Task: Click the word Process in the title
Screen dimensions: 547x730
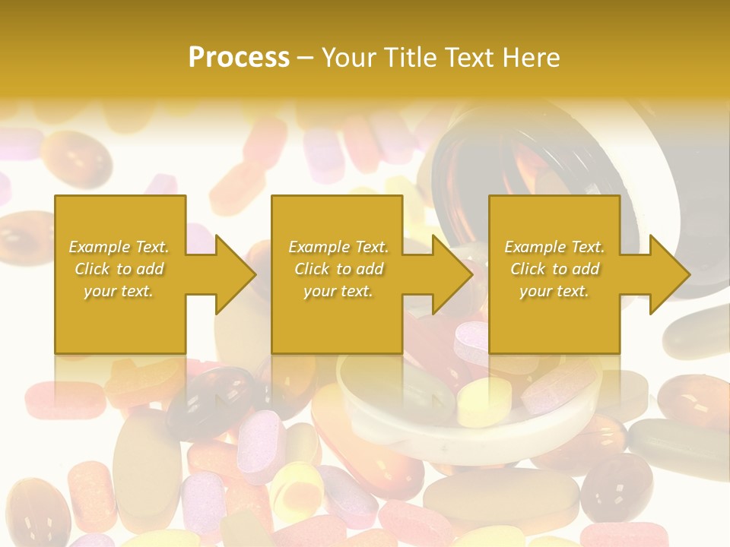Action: click(239, 57)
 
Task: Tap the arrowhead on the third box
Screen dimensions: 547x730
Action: click(669, 274)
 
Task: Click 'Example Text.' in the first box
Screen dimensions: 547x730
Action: click(119, 247)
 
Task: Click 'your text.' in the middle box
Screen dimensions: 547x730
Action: click(338, 291)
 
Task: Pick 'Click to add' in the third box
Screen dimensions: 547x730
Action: click(554, 269)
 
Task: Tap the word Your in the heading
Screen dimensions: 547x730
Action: click(351, 57)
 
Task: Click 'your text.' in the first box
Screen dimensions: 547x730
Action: click(119, 291)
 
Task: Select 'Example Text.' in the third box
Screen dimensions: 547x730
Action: click(554, 247)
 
